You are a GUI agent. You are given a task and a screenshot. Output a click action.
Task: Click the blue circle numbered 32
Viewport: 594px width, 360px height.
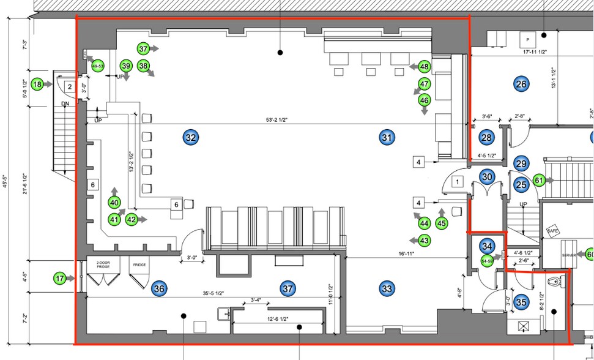click(190, 138)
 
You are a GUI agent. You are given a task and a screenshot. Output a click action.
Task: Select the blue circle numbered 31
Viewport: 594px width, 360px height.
click(386, 138)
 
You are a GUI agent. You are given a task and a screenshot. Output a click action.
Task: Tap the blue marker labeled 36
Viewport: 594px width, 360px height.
click(160, 288)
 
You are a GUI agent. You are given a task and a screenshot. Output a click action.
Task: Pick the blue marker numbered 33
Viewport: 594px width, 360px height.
click(386, 288)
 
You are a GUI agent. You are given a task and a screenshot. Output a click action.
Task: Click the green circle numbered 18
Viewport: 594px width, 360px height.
click(38, 84)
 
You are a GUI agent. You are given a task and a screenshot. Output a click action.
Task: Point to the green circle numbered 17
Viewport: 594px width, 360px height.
click(59, 279)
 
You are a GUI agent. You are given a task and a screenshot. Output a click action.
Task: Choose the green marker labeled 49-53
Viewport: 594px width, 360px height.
click(97, 66)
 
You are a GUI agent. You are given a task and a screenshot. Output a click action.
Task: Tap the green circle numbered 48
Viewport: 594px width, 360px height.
click(424, 66)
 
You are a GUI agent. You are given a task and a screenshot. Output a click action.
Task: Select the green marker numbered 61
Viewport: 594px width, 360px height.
click(539, 180)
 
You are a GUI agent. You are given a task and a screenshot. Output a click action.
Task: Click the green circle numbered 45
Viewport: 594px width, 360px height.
click(442, 223)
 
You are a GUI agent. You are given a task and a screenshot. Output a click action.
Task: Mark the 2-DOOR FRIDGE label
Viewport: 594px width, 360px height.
click(102, 266)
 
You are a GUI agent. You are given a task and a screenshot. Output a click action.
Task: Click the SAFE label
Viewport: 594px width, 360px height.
click(552, 231)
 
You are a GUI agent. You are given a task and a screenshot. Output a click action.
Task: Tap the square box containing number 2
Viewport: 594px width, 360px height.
click(70, 88)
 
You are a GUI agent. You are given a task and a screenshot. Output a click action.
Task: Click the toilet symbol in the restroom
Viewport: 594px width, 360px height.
click(555, 283)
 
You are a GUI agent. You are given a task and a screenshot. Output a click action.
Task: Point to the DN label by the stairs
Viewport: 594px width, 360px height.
click(65, 105)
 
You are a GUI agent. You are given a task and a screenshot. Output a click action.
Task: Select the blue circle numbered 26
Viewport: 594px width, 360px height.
click(521, 84)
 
